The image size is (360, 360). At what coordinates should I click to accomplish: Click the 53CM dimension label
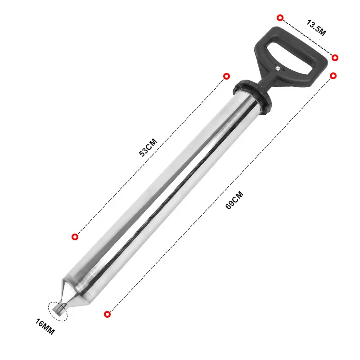(148, 147)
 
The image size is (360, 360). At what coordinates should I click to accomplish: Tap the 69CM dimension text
(234, 200)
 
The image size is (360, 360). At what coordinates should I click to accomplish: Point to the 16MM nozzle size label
(45, 327)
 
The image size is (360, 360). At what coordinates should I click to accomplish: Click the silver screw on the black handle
(279, 68)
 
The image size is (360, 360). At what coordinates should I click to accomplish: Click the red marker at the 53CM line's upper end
(227, 76)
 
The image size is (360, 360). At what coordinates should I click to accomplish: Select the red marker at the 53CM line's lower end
(75, 237)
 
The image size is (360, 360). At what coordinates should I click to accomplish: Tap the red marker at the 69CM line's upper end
(333, 76)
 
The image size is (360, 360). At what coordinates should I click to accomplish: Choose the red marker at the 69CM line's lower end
(107, 314)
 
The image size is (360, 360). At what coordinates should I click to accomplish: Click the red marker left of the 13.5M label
(280, 18)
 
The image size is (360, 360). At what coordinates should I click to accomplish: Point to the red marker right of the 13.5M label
(335, 58)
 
